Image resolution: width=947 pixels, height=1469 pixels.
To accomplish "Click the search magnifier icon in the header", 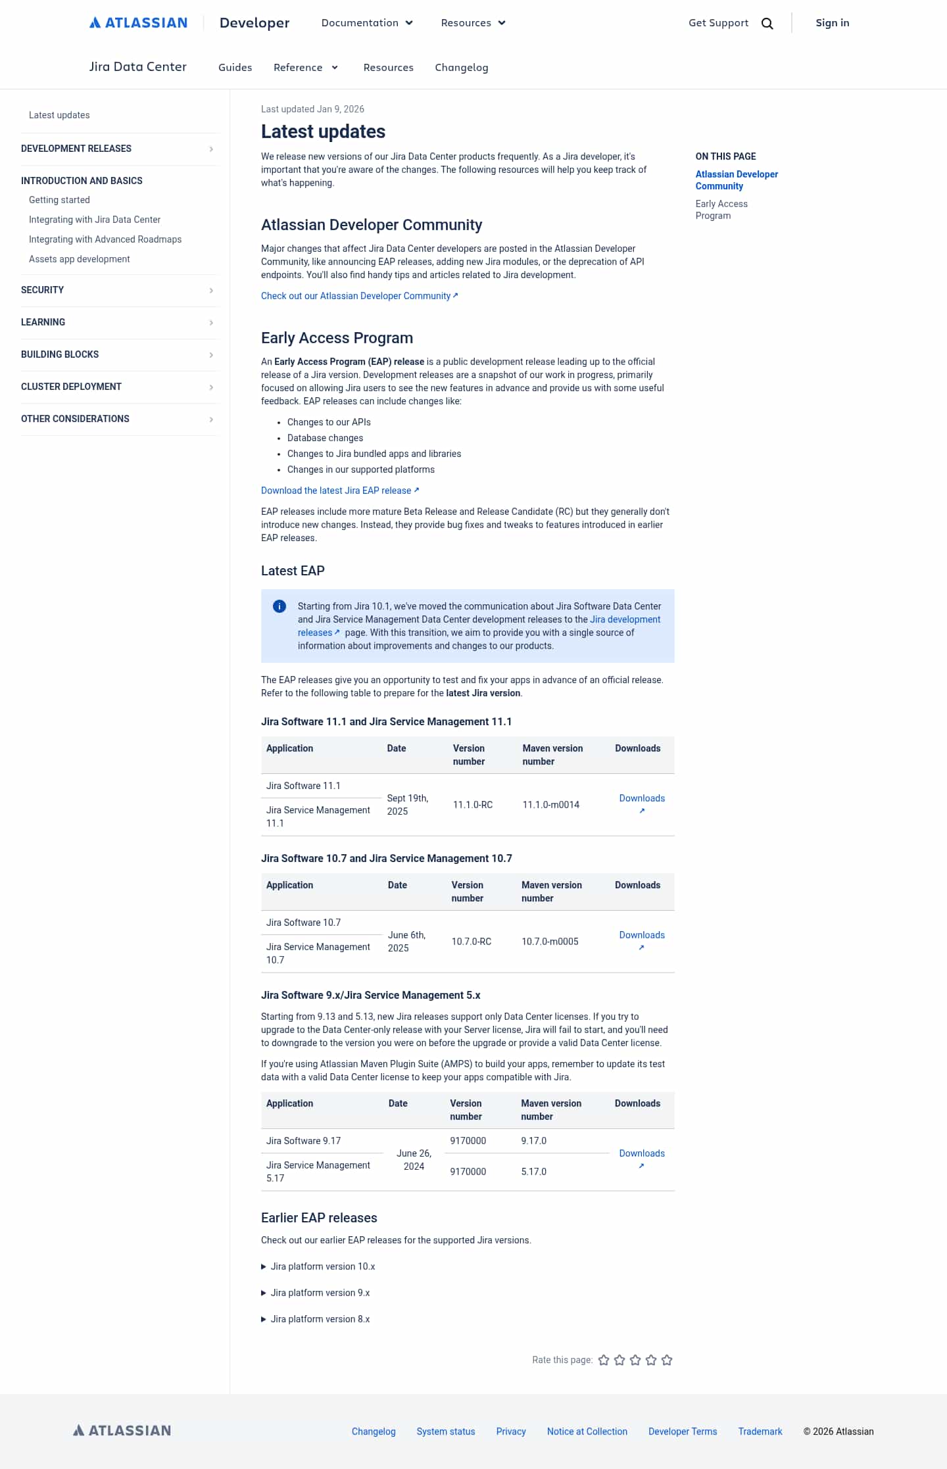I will coord(767,24).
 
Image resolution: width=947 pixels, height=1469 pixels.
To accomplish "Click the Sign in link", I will coord(832,23).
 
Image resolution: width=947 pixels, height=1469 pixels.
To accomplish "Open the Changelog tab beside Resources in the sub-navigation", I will coord(461,68).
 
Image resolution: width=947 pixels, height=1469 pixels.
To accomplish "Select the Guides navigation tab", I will coord(235,68).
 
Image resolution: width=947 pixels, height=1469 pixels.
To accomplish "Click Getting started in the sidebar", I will coord(59,200).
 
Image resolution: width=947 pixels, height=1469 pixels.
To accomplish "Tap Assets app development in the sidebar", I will coord(79,259).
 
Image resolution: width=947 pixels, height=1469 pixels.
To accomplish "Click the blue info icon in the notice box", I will coord(279,606).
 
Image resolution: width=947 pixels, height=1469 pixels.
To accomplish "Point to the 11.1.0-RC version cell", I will coord(472,805).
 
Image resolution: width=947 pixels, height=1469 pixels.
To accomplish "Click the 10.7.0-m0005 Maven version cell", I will coord(550,942).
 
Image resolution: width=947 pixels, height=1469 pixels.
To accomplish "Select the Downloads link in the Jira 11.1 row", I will coord(641,799).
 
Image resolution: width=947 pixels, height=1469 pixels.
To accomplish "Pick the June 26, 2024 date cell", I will coord(414,1160).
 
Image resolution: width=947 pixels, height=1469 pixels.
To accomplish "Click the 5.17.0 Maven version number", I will coord(533,1172).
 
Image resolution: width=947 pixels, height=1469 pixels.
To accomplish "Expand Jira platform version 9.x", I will coord(320,1293).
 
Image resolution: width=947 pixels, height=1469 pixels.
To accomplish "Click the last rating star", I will coord(667,1360).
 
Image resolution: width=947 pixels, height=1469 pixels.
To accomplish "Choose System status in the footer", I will coord(445,1432).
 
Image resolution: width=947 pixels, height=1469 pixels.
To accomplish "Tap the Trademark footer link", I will coord(760,1432).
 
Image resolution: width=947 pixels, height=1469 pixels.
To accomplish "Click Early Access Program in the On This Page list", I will coord(721,210).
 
